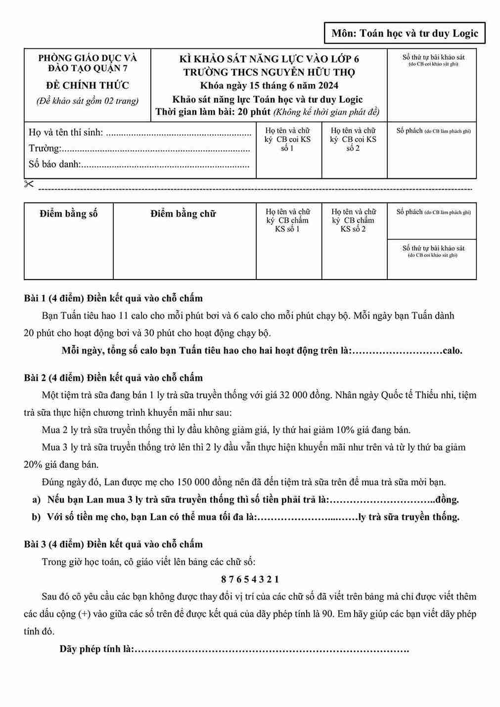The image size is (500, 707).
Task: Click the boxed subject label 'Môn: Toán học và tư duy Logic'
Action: click(405, 34)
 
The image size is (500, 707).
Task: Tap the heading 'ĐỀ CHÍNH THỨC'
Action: click(88, 85)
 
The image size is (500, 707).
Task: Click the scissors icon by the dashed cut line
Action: click(29, 184)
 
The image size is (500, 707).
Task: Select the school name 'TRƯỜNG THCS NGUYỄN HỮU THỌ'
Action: click(269, 72)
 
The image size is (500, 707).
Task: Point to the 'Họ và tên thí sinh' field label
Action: click(66, 132)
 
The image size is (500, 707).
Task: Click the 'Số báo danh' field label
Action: click(54, 164)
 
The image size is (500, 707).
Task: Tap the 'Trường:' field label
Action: click(45, 148)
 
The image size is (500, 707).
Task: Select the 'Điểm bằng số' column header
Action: click(68, 214)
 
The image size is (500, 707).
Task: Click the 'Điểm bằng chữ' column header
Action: click(183, 214)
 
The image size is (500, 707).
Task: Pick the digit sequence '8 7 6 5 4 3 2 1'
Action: click(250, 579)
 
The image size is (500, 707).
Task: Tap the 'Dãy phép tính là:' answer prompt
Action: click(97, 649)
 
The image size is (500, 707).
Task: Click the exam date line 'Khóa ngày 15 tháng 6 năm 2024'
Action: click(269, 85)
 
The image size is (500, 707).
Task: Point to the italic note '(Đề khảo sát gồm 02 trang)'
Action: click(88, 101)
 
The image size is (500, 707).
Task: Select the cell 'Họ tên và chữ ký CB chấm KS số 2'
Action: click(354, 220)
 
